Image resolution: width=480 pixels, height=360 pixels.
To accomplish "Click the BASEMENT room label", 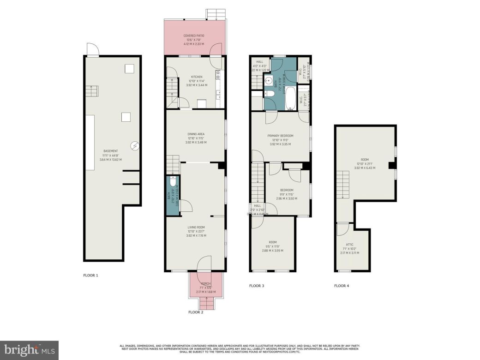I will (x=110, y=151).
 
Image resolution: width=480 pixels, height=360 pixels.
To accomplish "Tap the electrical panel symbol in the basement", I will (x=135, y=145).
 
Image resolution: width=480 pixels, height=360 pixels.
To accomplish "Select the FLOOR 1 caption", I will (x=90, y=276).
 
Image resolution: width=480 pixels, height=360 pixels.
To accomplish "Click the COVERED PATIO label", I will (x=194, y=36).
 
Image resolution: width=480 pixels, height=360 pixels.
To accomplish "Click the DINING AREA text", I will (x=196, y=134).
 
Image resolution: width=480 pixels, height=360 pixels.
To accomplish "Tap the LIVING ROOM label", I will (x=196, y=227).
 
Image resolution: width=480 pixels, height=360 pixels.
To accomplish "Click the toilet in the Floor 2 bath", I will (x=173, y=181).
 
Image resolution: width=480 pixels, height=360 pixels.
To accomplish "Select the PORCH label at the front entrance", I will (x=206, y=283).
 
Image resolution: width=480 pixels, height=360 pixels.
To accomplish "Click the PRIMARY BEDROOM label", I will (x=280, y=136).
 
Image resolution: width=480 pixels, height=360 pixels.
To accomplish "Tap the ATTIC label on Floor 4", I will (x=349, y=245).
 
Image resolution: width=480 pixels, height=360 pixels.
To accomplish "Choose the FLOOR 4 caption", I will (x=342, y=286).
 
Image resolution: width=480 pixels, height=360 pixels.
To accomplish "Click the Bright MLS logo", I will (x=29, y=350).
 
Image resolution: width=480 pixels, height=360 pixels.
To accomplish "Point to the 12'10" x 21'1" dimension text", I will (x=365, y=163).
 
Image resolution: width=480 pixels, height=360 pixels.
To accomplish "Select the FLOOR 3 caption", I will (x=257, y=286).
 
